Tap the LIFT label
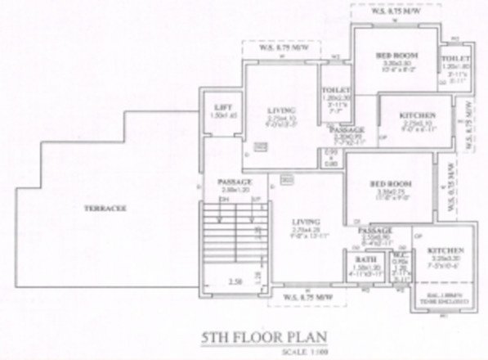click(218, 107)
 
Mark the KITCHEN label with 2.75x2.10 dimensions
click(417, 116)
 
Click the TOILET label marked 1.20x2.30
click(335, 91)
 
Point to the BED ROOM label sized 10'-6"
click(397, 55)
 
